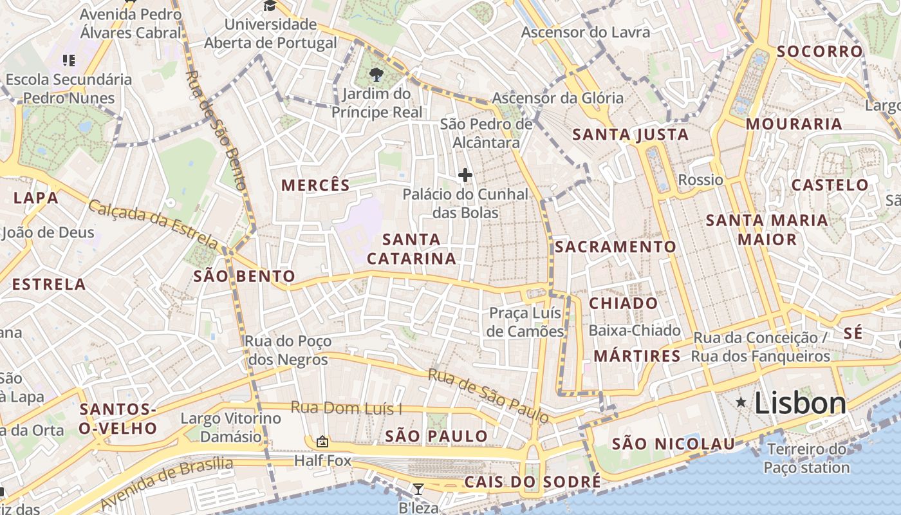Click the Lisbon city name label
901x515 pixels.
pos(800,404)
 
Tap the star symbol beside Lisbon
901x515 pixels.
pos(741,403)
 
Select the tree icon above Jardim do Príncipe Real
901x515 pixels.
pos(376,75)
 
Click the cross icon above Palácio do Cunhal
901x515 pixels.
pos(465,175)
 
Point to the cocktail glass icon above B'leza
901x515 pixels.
pos(418,489)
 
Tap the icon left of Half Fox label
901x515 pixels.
pos(322,442)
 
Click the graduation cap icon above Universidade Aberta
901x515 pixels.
pos(269,6)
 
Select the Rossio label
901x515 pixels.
pos(701,180)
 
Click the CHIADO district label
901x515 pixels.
pos(624,303)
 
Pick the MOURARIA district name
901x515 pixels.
pos(794,124)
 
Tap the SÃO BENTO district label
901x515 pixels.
pos(245,277)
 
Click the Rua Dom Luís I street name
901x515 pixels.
pos(346,408)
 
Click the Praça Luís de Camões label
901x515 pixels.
pos(526,323)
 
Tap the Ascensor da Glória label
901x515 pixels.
pos(557,98)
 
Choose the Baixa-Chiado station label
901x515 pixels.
pos(635,331)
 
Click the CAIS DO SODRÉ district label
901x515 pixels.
pos(532,482)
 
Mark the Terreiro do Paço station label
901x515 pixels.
pos(807,458)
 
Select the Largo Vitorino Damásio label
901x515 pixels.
pos(230,427)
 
